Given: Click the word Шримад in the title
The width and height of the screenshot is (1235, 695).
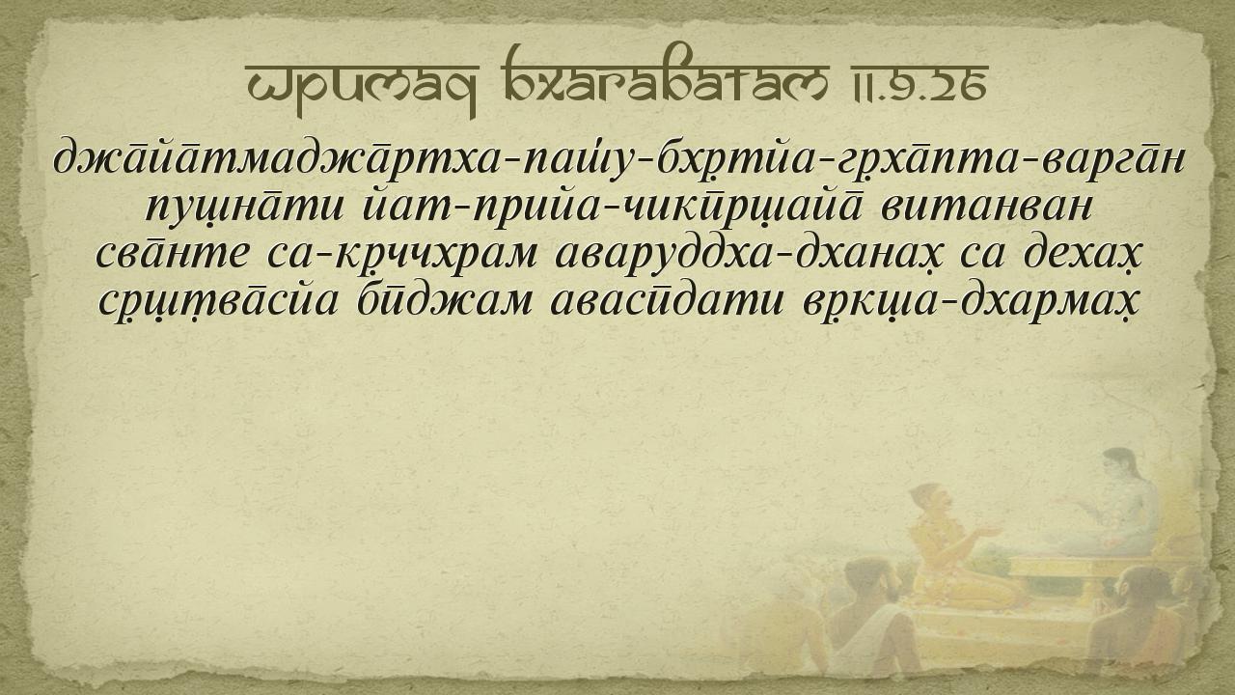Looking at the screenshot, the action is click(362, 86).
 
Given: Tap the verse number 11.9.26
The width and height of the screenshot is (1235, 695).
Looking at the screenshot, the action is click(919, 86).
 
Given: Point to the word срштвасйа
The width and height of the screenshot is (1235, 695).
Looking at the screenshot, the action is click(218, 303).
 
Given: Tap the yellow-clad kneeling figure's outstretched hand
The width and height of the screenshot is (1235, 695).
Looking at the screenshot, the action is click(988, 531).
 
